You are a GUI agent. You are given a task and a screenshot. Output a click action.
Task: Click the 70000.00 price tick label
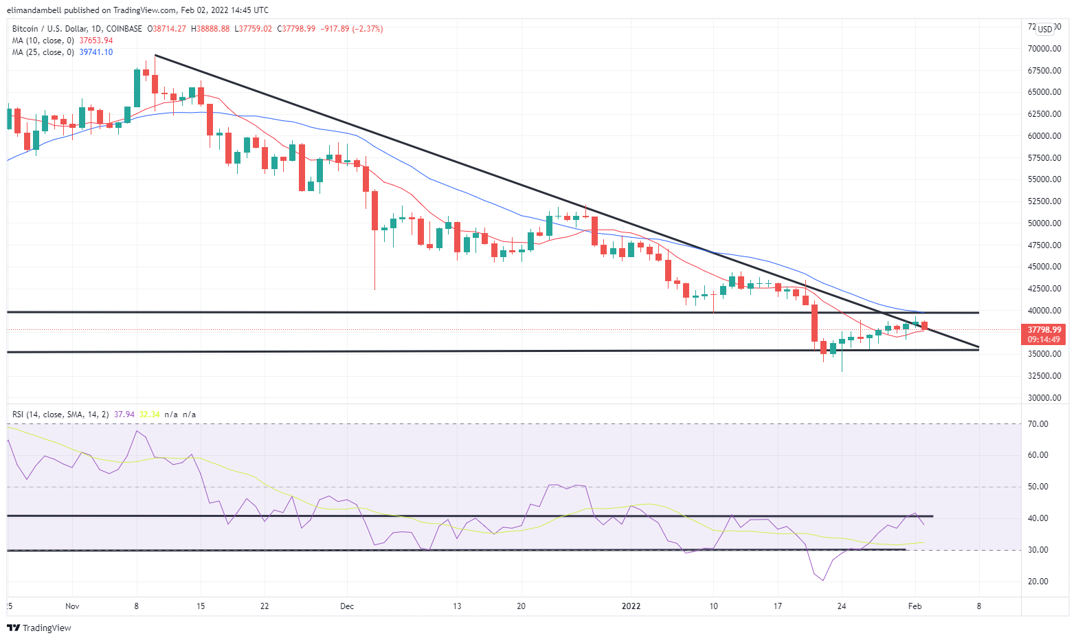coord(1044,49)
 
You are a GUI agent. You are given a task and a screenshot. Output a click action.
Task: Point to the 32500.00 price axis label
coord(1044,376)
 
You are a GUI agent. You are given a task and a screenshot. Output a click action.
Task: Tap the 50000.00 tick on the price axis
coord(1044,223)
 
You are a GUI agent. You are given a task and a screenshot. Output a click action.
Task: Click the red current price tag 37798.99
coord(1044,330)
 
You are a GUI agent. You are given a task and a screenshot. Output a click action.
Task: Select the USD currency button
coord(1045,29)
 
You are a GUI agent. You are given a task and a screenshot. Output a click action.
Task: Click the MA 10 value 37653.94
coord(96,41)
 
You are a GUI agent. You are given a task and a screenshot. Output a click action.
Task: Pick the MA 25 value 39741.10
coord(96,52)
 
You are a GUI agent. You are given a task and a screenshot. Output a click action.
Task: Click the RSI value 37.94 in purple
coord(124,415)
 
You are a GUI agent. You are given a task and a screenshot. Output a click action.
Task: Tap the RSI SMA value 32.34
coord(149,415)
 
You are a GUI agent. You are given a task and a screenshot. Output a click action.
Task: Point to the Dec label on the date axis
coord(347,606)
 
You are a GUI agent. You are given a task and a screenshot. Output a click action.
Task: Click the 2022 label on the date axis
coord(631,606)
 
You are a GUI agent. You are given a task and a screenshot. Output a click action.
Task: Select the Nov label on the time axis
coord(72,606)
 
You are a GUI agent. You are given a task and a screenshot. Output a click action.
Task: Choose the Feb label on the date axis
coord(915,606)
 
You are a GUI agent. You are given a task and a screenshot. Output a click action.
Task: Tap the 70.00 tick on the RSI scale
coord(1038,424)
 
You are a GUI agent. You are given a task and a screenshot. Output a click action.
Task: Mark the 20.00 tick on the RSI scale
coord(1038,582)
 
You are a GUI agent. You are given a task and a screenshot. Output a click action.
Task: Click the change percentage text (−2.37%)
coord(368,29)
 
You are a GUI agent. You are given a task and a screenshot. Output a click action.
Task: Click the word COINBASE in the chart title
coord(124,29)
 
